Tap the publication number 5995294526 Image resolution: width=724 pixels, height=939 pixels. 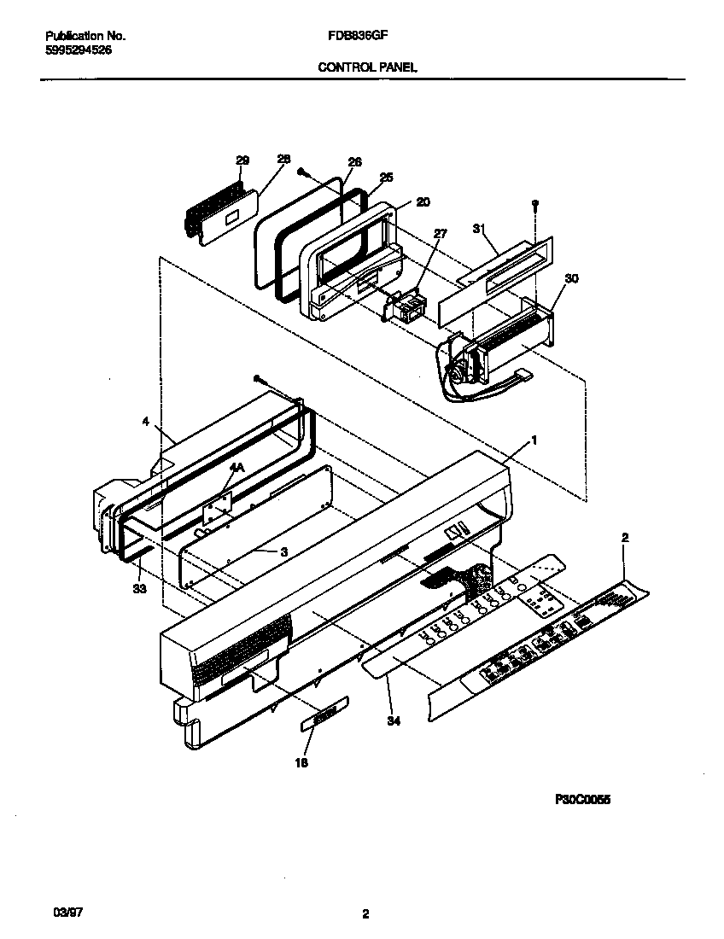[78, 50]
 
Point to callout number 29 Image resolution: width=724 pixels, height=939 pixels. [242, 160]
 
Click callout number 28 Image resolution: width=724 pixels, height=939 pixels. [283, 160]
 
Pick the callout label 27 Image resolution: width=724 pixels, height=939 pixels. [441, 232]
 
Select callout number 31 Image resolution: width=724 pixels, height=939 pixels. [479, 228]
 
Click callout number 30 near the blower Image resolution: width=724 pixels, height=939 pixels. [570, 278]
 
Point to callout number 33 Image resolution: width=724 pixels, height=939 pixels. [138, 589]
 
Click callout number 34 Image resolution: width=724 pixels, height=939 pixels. [393, 720]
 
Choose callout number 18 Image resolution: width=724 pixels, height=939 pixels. [301, 763]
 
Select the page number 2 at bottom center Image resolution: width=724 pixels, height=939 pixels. [365, 914]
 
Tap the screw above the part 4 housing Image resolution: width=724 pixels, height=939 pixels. [256, 378]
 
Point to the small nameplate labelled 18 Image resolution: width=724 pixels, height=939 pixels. [324, 713]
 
